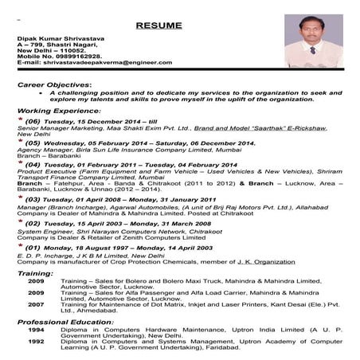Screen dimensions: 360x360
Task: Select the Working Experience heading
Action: tap(55, 110)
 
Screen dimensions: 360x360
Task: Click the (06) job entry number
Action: tap(33, 121)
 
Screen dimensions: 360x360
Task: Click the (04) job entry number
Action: tap(33, 165)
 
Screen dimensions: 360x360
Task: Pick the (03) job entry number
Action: tap(33, 199)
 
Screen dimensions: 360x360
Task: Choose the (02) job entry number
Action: tap(33, 225)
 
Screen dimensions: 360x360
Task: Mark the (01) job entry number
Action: tap(33, 248)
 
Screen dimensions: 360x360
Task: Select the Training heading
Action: tap(36, 273)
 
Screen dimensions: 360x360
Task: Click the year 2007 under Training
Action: tap(36, 304)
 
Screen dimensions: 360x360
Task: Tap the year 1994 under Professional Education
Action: tap(36, 329)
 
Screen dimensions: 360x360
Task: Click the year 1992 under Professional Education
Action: tap(36, 342)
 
